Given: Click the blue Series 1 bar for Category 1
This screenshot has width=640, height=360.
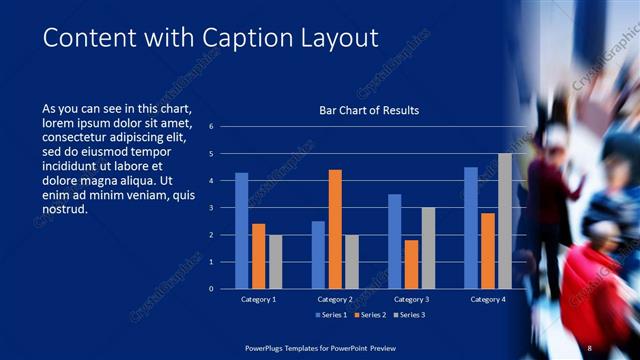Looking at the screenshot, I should click(x=241, y=231).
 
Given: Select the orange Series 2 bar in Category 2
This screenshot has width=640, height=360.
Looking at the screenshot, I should click(x=335, y=229).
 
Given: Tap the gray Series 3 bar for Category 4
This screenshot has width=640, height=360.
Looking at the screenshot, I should click(x=505, y=221).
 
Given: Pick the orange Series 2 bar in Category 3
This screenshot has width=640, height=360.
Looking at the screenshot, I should click(x=411, y=264).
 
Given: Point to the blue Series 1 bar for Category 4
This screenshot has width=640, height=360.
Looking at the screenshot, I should click(x=471, y=228).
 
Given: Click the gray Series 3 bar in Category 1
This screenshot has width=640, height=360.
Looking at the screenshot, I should click(x=275, y=262).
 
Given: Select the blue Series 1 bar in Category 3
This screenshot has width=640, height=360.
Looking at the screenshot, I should click(x=395, y=241).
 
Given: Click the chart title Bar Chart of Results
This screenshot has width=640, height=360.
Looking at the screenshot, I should click(x=369, y=110).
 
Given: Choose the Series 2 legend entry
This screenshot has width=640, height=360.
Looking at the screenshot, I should click(x=371, y=316).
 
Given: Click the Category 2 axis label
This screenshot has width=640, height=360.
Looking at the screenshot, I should click(x=335, y=299).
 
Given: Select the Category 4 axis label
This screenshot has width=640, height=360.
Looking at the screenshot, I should click(x=488, y=299).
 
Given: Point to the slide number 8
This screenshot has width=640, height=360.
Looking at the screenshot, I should click(x=590, y=347).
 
